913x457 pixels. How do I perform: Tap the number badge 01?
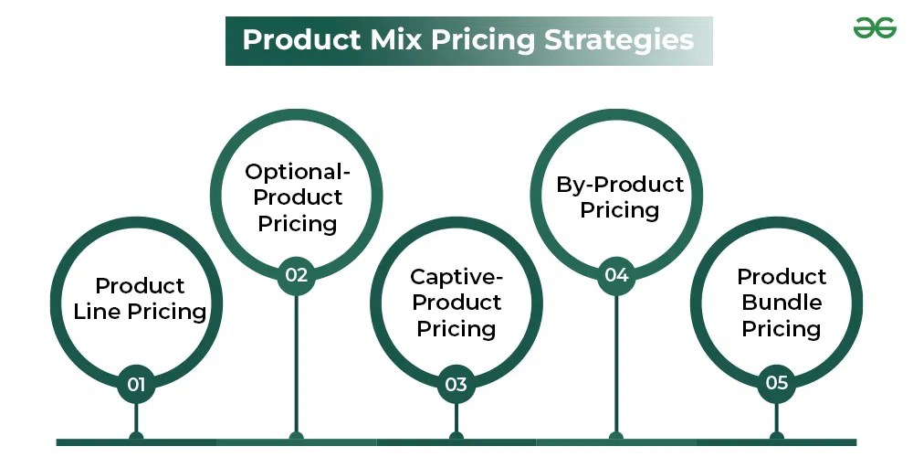pyautogui.click(x=136, y=385)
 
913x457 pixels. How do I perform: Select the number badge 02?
pyautogui.click(x=296, y=274)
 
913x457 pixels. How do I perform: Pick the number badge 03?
pyautogui.click(x=456, y=385)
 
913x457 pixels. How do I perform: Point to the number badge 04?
pyautogui.click(x=616, y=274)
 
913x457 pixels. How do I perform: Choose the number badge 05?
pyautogui.click(x=776, y=383)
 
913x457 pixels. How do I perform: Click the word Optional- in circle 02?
pyautogui.click(x=299, y=171)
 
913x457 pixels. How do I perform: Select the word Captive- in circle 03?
pyautogui.click(x=456, y=277)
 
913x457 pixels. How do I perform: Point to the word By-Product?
pyautogui.click(x=620, y=185)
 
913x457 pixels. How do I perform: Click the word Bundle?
pyautogui.click(x=782, y=303)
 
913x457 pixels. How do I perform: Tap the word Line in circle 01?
pyautogui.click(x=97, y=312)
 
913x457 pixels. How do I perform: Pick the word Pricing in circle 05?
pyautogui.click(x=782, y=329)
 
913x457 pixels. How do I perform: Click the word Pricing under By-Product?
pyautogui.click(x=620, y=210)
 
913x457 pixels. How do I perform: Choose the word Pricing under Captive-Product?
pyautogui.click(x=456, y=329)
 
